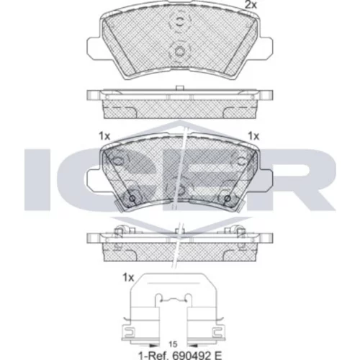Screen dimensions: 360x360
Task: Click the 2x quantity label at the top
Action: click(x=251, y=5)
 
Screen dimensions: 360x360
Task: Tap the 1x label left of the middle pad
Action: click(x=104, y=136)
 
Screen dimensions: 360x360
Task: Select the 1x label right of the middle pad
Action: click(x=253, y=136)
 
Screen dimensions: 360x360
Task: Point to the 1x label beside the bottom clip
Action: click(x=128, y=278)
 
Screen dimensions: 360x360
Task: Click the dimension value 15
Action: click(x=173, y=344)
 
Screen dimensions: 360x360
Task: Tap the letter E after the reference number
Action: click(x=217, y=355)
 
